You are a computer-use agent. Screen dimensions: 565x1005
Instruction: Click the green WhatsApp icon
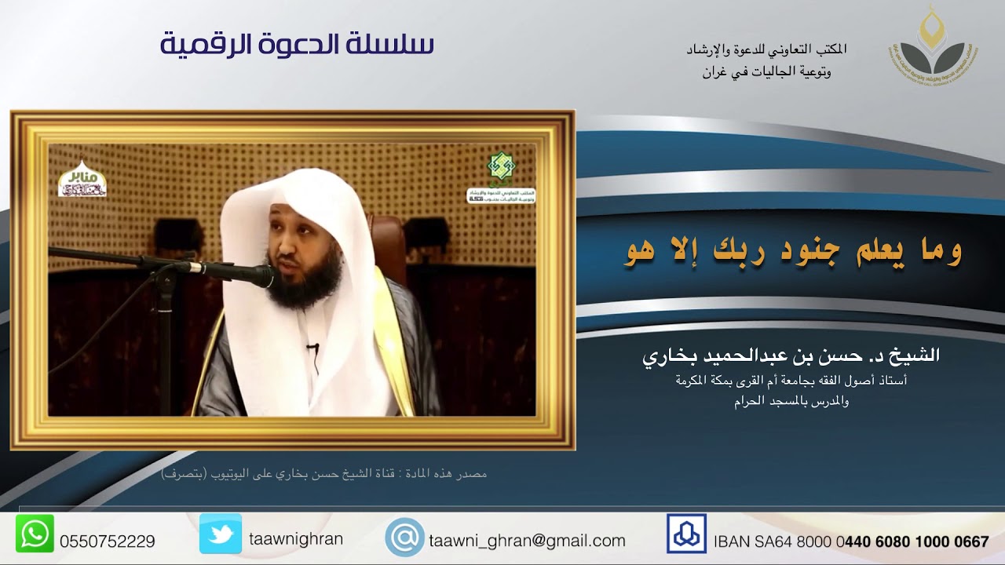click(35, 534)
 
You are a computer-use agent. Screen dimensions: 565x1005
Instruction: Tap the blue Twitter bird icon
click(220, 534)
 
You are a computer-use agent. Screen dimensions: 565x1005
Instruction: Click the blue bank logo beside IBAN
click(686, 534)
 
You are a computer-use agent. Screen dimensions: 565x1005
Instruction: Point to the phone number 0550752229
click(108, 541)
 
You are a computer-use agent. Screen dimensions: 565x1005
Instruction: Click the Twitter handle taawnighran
click(296, 540)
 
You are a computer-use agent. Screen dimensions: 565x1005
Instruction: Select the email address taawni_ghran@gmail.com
click(527, 541)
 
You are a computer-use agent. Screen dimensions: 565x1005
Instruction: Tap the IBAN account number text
click(851, 541)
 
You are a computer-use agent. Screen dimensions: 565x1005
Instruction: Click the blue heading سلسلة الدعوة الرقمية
click(297, 45)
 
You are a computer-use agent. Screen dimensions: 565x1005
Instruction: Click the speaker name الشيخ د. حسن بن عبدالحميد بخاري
click(791, 355)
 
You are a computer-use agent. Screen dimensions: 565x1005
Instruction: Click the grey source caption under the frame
click(323, 474)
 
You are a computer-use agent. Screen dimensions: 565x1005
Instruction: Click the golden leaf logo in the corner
click(934, 47)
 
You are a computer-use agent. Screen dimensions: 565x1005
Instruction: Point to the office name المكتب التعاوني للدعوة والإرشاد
click(766, 49)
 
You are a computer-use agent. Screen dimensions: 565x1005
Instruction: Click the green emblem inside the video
click(499, 166)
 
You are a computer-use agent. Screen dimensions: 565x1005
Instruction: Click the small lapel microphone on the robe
click(312, 347)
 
